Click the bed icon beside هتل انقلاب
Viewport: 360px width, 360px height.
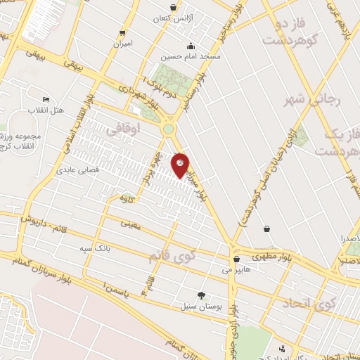pos(46,99)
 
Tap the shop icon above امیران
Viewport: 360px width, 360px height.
pos(124,33)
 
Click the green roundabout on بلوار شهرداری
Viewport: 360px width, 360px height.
pos(168,129)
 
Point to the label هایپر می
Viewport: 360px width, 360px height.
pos(236,269)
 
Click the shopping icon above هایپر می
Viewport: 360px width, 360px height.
pos(237,258)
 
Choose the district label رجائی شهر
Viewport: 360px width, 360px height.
pos(313,100)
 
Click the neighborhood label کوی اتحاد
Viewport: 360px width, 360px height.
pos(309,304)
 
